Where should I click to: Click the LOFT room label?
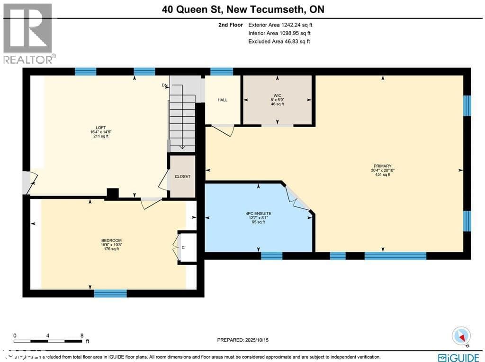tap(100, 127)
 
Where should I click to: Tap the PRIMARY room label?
tap(382, 166)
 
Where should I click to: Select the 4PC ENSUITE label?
tap(258, 213)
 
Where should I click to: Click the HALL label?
tap(223, 100)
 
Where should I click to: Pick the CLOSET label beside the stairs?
tap(182, 176)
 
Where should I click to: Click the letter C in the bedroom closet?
tap(183, 247)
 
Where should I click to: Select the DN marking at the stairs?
tap(164, 86)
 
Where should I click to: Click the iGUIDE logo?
tap(458, 357)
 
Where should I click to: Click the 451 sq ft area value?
tap(382, 175)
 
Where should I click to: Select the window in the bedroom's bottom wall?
tap(110, 293)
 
